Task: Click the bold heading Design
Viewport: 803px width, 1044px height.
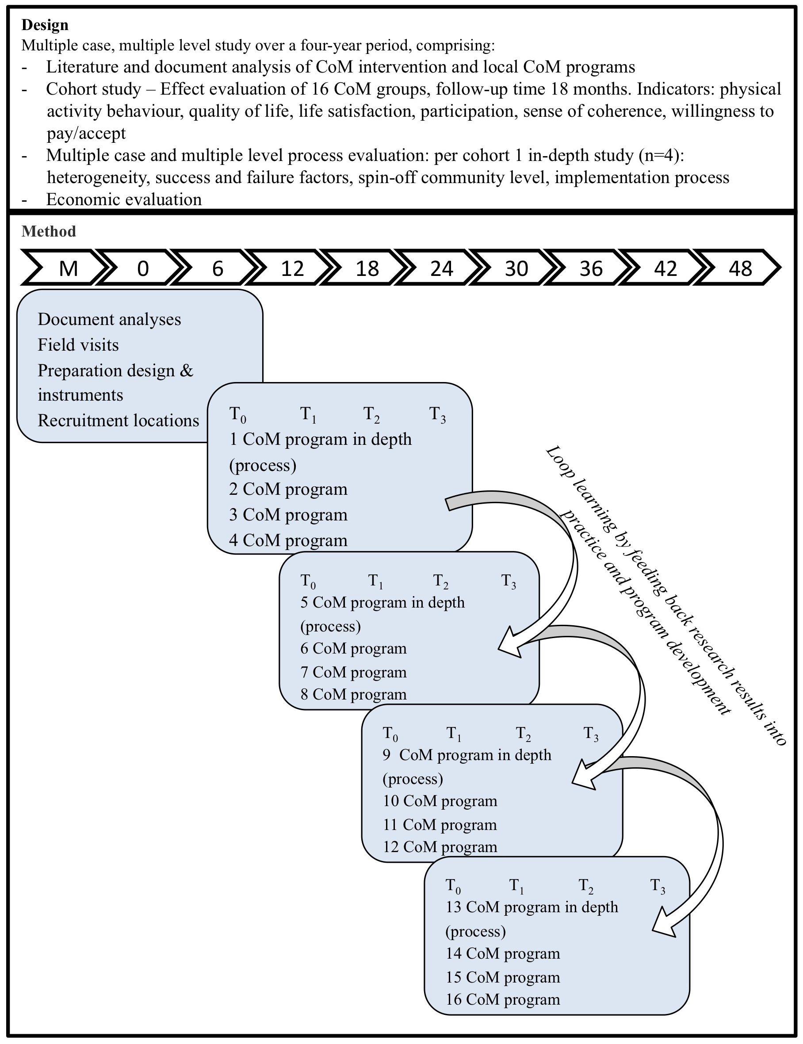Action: (45, 25)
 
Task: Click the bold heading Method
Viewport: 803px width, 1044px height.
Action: (49, 231)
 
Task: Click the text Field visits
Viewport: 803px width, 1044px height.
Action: (78, 344)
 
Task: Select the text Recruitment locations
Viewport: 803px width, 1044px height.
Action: (118, 420)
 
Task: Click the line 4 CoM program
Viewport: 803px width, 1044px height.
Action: (288, 540)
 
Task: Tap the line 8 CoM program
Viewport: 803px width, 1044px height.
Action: (354, 694)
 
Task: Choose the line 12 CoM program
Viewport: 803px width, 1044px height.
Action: (440, 847)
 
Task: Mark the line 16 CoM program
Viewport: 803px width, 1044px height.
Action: (503, 999)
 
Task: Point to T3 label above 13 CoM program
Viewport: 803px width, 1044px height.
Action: (658, 886)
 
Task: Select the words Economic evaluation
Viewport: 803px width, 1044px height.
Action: (124, 199)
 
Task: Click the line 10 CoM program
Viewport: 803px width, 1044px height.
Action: (440, 801)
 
